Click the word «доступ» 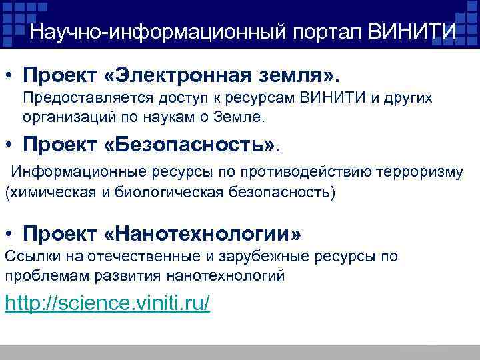click(x=184, y=99)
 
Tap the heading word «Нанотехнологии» click(x=203, y=234)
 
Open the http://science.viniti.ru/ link click(x=107, y=303)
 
